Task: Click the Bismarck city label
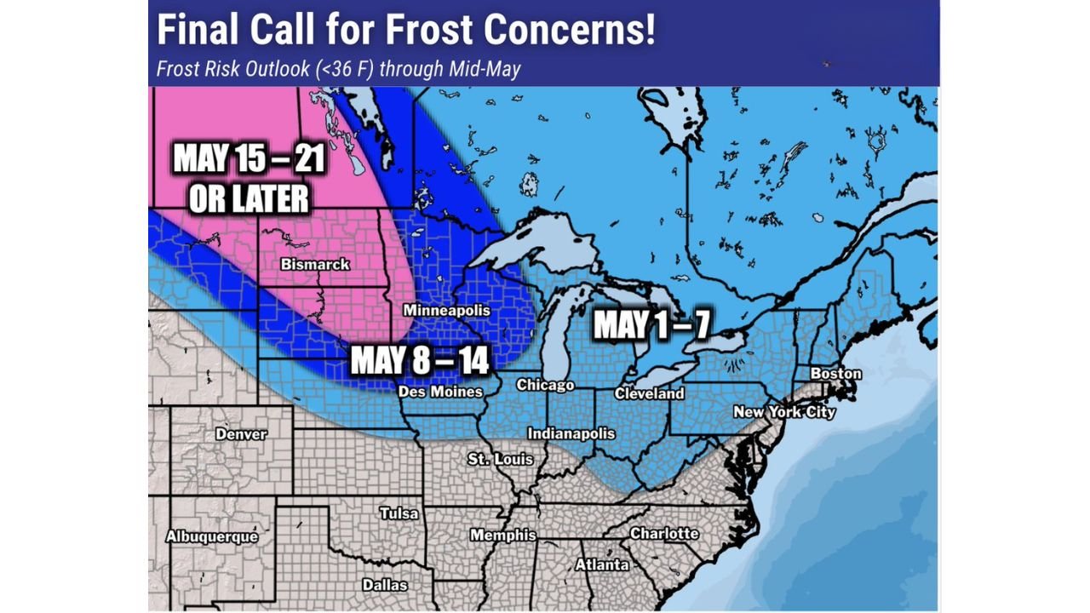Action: (315, 265)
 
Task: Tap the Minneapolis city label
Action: (447, 311)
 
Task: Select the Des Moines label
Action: (441, 392)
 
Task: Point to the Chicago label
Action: (545, 386)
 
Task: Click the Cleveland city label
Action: (649, 394)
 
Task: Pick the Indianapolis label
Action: (571, 433)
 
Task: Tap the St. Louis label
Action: (501, 460)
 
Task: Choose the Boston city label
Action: (835, 374)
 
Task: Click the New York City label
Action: (784, 413)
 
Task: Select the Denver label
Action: (241, 434)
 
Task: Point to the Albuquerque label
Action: (212, 537)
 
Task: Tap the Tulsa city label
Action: (399, 513)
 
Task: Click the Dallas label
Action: (385, 585)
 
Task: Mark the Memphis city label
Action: (503, 536)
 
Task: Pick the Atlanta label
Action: (602, 564)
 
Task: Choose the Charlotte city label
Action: (664, 534)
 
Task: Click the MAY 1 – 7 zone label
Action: (651, 325)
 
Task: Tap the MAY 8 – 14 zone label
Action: (420, 360)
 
